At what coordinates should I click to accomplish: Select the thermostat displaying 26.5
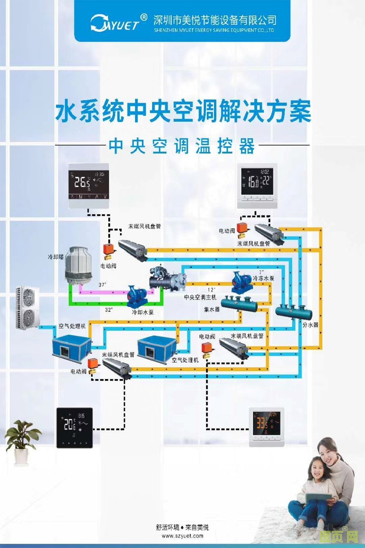click(89, 185)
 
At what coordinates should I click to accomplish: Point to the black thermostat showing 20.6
click(74, 427)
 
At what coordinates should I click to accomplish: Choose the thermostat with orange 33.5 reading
click(267, 426)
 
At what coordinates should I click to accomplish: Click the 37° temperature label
click(102, 285)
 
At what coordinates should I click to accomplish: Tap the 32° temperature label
click(108, 310)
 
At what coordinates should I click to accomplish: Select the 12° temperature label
click(211, 290)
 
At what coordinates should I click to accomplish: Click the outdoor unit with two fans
click(27, 308)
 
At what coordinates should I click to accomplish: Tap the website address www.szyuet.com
click(182, 536)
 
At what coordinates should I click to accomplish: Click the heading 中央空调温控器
click(182, 146)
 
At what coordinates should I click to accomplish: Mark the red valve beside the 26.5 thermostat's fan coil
click(110, 250)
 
